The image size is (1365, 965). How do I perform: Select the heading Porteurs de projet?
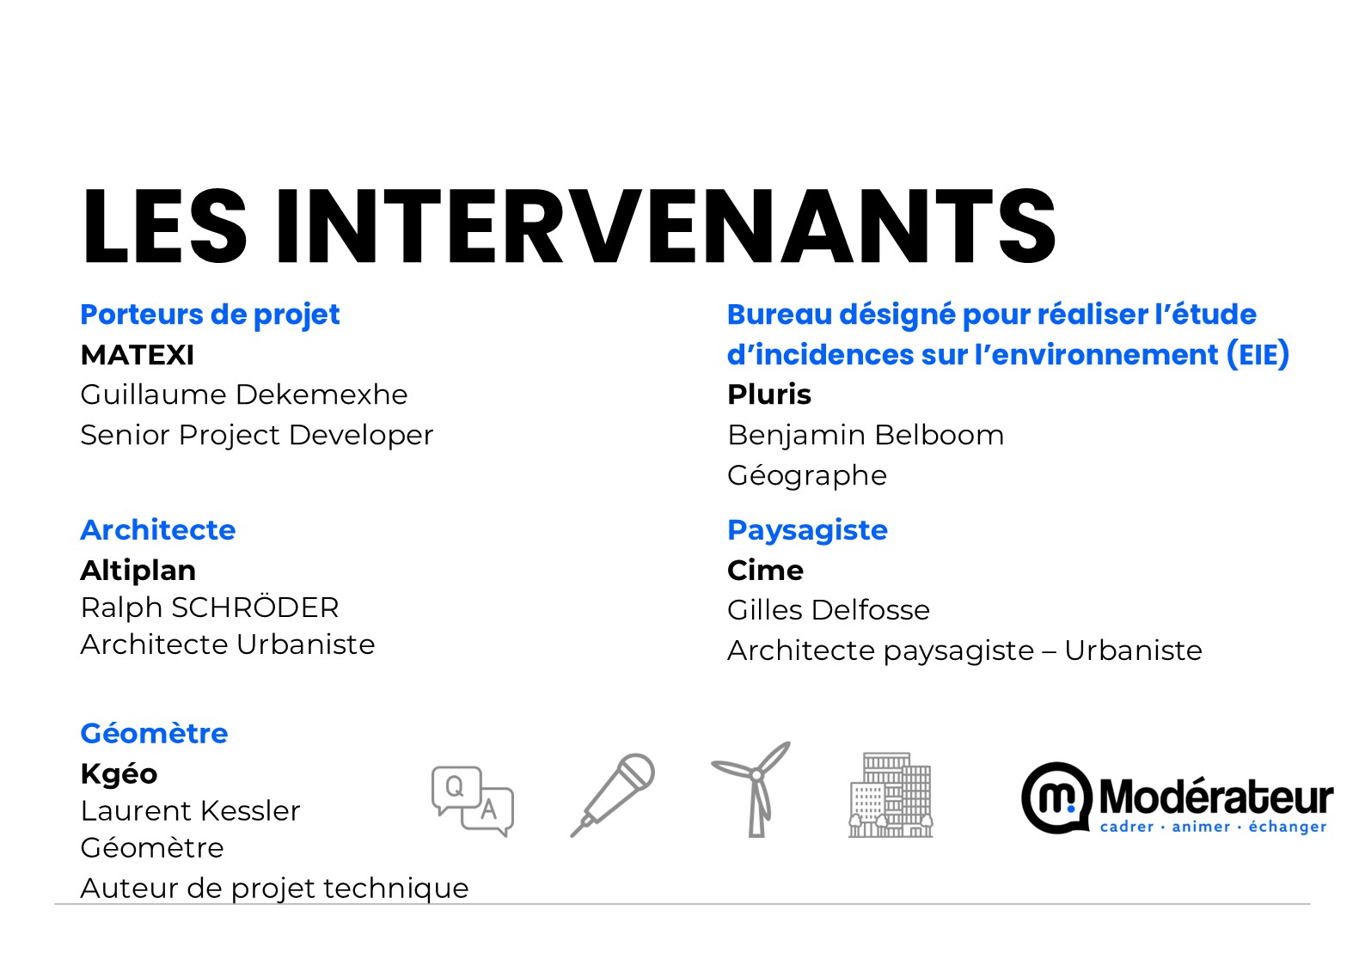(211, 315)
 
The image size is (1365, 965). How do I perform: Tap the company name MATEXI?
(138, 355)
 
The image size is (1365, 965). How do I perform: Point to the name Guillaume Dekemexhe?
(244, 394)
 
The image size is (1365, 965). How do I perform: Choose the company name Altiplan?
(138, 571)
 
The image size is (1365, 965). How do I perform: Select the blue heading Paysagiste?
(807, 531)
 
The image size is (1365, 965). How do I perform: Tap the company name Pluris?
(769, 394)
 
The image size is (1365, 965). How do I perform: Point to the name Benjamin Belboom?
(866, 435)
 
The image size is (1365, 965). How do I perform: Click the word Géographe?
(807, 476)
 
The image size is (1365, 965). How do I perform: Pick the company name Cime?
(765, 571)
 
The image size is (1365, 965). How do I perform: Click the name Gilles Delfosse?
(829, 610)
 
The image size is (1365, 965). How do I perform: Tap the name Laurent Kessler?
(191, 811)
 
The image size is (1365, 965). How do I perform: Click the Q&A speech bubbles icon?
(473, 801)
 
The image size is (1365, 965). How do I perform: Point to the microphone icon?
(612, 795)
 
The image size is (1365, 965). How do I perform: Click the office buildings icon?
(891, 795)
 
